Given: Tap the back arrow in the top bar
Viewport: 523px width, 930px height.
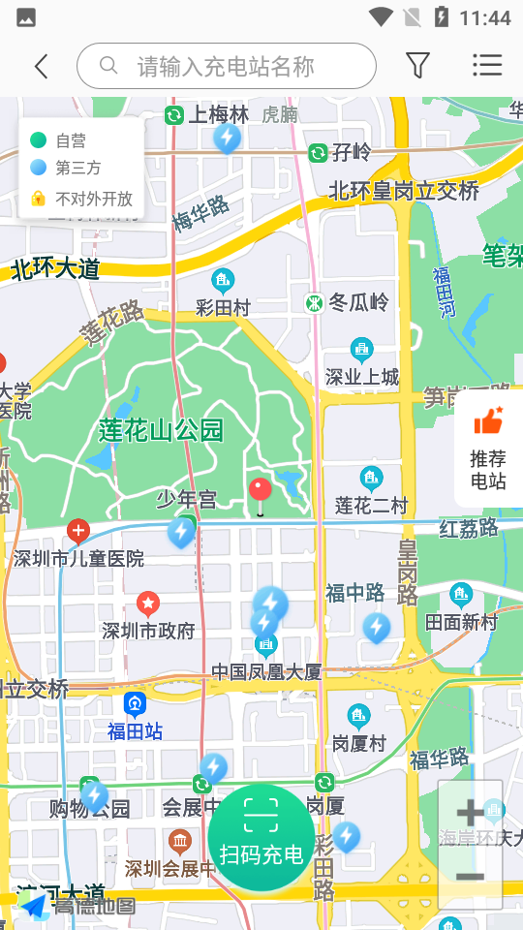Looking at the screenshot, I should [41, 66].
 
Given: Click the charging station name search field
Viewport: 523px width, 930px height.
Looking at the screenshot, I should [227, 66].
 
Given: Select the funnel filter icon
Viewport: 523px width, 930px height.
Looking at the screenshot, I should [417, 65].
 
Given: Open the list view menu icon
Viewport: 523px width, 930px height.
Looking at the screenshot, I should [487, 65].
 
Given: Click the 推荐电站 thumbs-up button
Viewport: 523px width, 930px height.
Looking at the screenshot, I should [488, 448].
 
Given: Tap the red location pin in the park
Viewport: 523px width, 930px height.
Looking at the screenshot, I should [260, 492].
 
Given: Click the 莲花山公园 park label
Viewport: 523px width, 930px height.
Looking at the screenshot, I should [161, 430].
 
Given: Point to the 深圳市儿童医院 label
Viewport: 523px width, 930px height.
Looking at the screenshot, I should [78, 559].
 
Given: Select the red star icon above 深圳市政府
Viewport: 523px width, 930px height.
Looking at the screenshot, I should [148, 604].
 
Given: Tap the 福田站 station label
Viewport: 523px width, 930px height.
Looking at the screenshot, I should [135, 730].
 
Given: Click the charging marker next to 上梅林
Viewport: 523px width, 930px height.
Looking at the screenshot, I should [228, 139].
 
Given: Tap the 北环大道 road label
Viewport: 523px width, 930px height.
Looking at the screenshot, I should [55, 269].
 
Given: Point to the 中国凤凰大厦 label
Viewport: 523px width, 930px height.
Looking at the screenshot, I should [266, 670].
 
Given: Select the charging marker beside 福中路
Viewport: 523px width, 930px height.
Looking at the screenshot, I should [377, 628].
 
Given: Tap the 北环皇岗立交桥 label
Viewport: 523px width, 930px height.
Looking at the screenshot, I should [404, 191].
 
